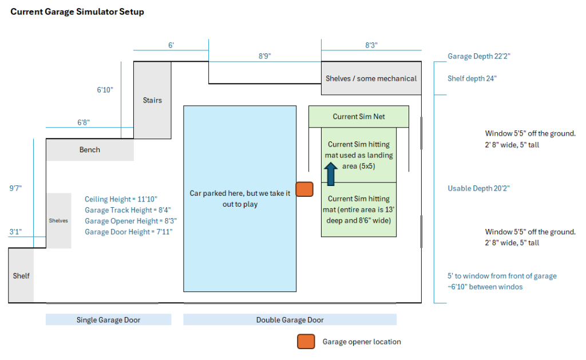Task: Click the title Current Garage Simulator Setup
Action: coord(77,12)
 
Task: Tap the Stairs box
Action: coord(152,100)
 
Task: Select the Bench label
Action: coord(89,150)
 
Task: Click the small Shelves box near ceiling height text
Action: coord(58,220)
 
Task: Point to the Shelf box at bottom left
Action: coord(21,275)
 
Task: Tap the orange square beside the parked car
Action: coord(304,189)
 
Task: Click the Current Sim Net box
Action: coord(359,117)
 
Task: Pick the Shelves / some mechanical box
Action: coord(371,78)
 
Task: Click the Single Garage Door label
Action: coord(108,320)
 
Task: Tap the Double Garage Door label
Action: coord(290,320)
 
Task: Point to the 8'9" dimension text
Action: coord(264,56)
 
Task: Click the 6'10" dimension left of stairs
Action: coord(105,90)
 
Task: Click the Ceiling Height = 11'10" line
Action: coord(121,199)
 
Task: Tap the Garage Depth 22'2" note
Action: coord(478,57)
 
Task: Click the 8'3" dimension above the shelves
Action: coord(371,45)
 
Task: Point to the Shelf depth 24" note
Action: coord(472,78)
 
